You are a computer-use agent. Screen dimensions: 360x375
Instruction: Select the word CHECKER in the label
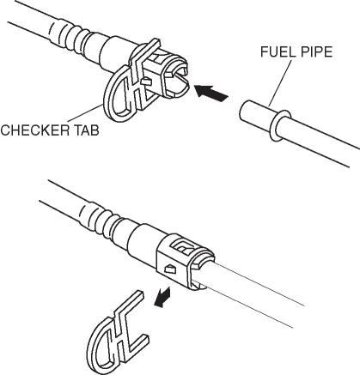[35, 130]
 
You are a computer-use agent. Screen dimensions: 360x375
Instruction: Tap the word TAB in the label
[87, 130]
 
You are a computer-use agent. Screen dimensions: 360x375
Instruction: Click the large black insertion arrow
[211, 93]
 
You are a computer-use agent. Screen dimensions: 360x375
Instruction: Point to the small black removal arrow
[162, 298]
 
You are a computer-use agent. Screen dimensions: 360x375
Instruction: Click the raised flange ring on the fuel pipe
[280, 126]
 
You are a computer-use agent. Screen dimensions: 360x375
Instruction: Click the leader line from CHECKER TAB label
[85, 114]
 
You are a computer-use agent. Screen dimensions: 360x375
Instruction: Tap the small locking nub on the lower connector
[169, 269]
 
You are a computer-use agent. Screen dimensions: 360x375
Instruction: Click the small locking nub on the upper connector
[146, 81]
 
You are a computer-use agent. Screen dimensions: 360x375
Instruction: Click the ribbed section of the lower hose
[99, 217]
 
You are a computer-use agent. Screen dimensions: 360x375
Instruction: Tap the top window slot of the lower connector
[184, 246]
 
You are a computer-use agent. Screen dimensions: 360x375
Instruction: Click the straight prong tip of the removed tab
[139, 295]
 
